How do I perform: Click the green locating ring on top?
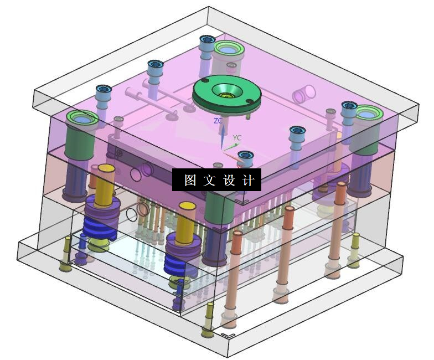click(227, 92)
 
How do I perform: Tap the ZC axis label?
click(218, 121)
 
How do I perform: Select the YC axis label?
click(237, 137)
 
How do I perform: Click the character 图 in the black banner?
click(190, 181)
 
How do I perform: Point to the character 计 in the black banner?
click(248, 181)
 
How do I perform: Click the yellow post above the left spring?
click(105, 186)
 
